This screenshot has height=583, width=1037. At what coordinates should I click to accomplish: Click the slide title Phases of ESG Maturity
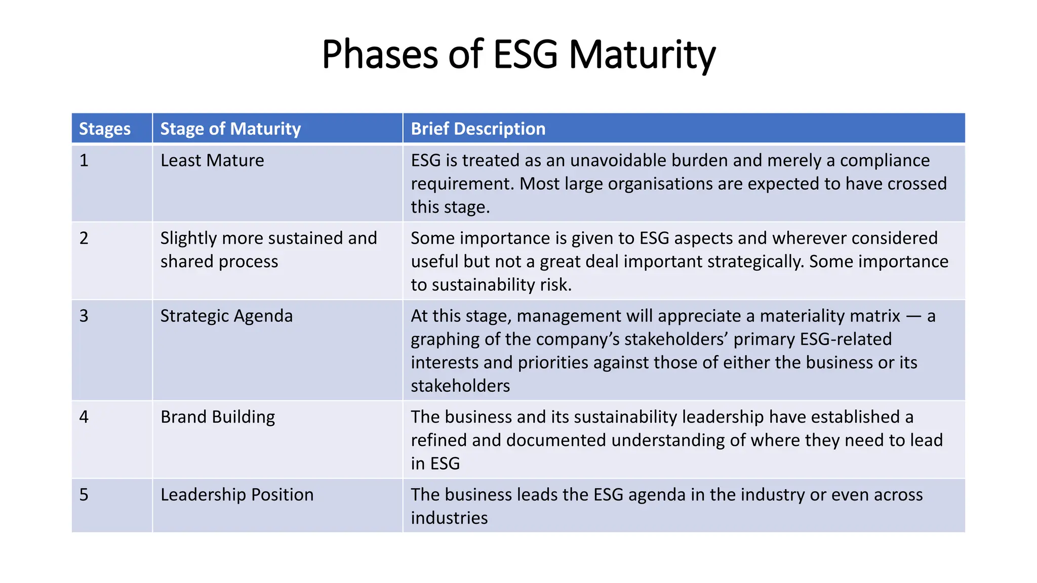pyautogui.click(x=518, y=54)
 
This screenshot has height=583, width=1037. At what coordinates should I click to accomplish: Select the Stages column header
pyautogui.click(x=105, y=129)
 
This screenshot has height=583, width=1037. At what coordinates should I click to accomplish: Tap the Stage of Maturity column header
pyautogui.click(x=230, y=129)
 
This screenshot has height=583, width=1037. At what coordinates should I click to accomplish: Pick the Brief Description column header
pyautogui.click(x=478, y=129)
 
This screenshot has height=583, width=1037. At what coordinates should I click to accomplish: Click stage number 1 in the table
pyautogui.click(x=84, y=160)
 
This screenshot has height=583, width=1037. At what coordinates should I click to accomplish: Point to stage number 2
pyautogui.click(x=84, y=238)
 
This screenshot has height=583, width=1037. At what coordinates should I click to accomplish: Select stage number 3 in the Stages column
pyautogui.click(x=84, y=316)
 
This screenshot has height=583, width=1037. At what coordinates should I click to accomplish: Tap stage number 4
pyautogui.click(x=84, y=417)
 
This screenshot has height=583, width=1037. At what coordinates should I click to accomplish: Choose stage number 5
pyautogui.click(x=84, y=494)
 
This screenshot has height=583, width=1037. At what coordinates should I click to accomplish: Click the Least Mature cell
pyautogui.click(x=212, y=160)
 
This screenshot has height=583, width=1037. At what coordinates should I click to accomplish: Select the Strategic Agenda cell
pyautogui.click(x=226, y=316)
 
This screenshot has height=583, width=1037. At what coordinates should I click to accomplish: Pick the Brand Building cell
pyautogui.click(x=218, y=417)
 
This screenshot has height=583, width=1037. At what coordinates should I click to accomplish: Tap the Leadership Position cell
pyautogui.click(x=237, y=494)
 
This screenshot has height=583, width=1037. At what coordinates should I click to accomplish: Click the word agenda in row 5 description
pyautogui.click(x=657, y=494)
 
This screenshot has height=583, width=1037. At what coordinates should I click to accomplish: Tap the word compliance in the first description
pyautogui.click(x=885, y=160)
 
